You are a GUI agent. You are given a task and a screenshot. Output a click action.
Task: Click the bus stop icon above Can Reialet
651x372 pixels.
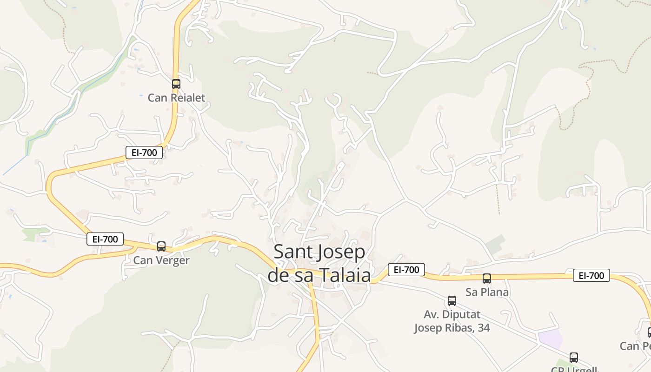pyautogui.click(x=176, y=84)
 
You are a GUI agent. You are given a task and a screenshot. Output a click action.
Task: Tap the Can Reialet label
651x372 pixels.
pyautogui.click(x=176, y=98)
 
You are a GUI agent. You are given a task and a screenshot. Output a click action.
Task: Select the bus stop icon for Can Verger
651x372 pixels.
pyautogui.click(x=161, y=246)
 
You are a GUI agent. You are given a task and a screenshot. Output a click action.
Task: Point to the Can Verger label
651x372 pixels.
pyautogui.click(x=161, y=260)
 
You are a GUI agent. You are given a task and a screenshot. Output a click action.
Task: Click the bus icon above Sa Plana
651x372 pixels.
pyautogui.click(x=487, y=279)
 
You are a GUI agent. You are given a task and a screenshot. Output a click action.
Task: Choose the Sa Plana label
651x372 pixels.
pyautogui.click(x=487, y=292)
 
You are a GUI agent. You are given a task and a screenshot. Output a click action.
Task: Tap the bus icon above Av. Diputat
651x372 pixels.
pyautogui.click(x=452, y=301)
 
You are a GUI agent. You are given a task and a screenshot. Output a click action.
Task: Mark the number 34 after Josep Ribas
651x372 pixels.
pyautogui.click(x=483, y=327)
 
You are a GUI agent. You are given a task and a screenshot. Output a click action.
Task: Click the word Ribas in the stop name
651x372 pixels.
pyautogui.click(x=459, y=327)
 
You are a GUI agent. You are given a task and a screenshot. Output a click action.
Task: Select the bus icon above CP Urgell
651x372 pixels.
pyautogui.click(x=574, y=358)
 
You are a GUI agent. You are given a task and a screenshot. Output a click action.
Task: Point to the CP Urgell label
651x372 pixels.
pyautogui.click(x=574, y=369)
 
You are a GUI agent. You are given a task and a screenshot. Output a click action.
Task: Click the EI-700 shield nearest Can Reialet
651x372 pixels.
pyautogui.click(x=144, y=152)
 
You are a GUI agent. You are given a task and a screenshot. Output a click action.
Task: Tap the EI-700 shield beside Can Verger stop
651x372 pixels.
pyautogui.click(x=105, y=239)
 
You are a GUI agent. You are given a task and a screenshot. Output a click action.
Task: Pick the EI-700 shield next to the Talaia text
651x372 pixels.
pyautogui.click(x=406, y=269)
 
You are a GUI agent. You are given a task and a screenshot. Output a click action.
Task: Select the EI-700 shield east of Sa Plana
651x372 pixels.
pyautogui.click(x=591, y=275)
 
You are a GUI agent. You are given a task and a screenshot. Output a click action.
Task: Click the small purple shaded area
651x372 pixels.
pyautogui.click(x=550, y=339)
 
